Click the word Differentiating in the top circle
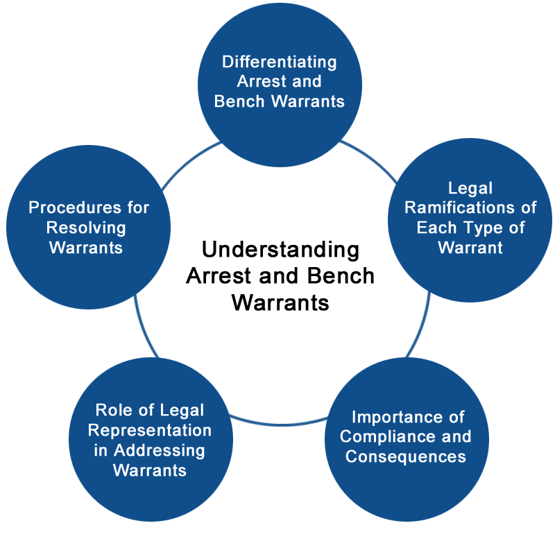280,62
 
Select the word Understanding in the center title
280,250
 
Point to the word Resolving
86,228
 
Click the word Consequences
406,456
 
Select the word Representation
150,431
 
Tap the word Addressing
160,451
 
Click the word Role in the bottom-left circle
113,410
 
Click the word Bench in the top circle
239,101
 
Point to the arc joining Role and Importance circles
280,424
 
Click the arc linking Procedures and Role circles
143,327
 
